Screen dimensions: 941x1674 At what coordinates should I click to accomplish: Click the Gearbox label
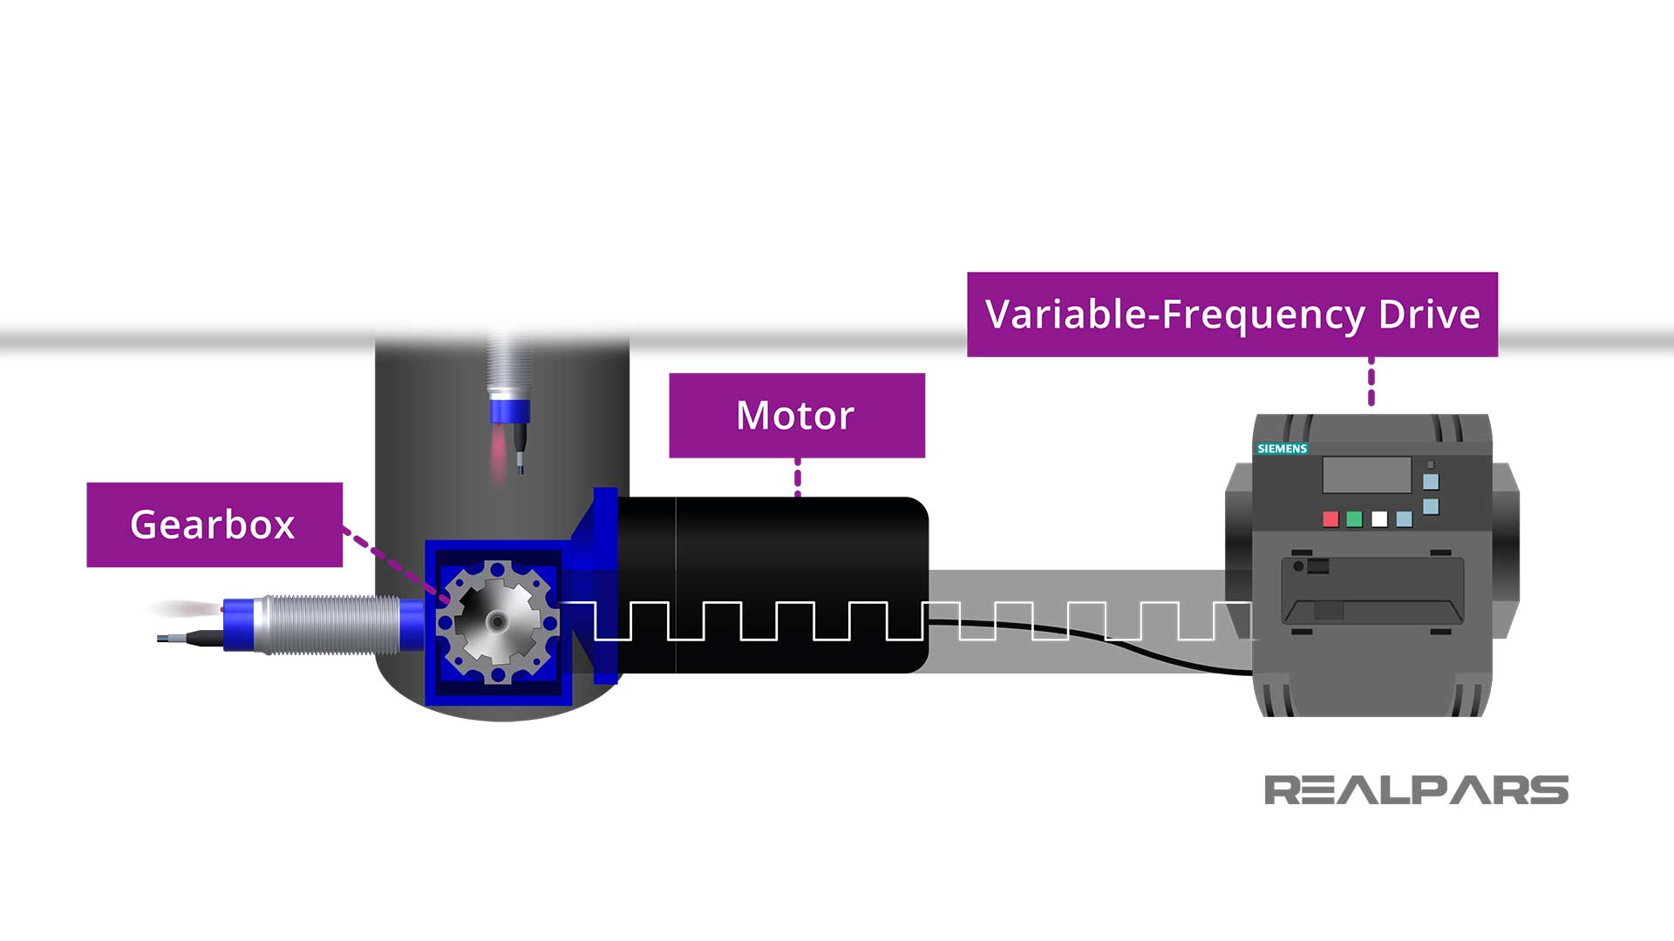tap(214, 525)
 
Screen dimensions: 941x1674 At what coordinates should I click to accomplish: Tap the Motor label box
tap(796, 416)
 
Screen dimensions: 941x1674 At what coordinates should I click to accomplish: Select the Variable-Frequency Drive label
tap(1232, 315)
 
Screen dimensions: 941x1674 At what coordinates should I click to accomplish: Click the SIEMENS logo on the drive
tap(1282, 449)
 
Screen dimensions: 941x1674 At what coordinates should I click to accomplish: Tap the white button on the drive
tap(1379, 519)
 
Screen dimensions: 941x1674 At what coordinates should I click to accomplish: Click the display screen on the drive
tap(1366, 476)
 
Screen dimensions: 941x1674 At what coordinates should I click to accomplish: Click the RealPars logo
tap(1416, 790)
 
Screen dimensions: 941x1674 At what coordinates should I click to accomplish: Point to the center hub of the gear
tap(497, 621)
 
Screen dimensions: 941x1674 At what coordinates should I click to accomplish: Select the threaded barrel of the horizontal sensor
tap(331, 624)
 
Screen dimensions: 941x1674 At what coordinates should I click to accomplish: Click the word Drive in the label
tap(1429, 315)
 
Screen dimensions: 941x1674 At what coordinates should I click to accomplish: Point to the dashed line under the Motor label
tap(798, 477)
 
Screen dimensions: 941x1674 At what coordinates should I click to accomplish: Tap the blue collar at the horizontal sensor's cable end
tap(236, 624)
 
